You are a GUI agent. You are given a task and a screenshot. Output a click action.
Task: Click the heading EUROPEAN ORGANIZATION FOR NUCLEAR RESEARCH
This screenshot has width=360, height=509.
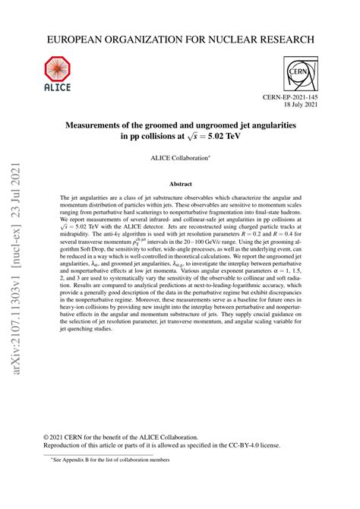[180, 38]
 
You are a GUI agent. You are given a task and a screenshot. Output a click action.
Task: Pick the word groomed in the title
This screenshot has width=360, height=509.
[162, 123]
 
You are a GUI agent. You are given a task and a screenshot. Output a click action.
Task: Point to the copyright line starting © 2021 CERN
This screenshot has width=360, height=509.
[137, 437]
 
